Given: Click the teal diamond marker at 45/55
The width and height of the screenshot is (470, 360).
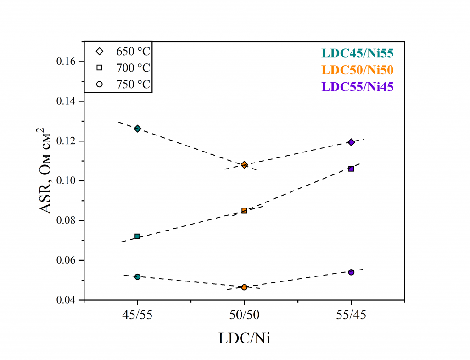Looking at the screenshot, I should (x=137, y=129).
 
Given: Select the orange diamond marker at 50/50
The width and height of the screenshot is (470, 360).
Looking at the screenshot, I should (x=244, y=165).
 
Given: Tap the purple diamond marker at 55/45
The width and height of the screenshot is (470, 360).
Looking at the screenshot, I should (x=351, y=142).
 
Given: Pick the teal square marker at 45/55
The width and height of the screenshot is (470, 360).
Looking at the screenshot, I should (x=137, y=236).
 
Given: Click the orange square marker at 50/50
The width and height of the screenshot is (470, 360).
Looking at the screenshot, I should (x=244, y=210).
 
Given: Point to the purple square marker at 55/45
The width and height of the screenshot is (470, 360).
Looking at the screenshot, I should (x=351, y=169).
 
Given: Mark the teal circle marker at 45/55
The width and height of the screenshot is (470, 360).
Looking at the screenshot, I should (x=137, y=276).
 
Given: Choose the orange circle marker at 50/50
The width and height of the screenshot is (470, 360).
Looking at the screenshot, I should (x=244, y=287).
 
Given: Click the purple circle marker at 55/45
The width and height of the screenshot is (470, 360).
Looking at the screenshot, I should (x=351, y=272).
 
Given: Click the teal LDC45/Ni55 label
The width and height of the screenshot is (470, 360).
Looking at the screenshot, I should (x=358, y=53).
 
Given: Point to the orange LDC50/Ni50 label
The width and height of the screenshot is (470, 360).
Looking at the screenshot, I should (x=358, y=70).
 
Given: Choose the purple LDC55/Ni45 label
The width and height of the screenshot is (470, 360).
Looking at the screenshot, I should (x=358, y=87).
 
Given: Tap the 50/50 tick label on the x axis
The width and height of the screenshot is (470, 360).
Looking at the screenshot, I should (x=244, y=315).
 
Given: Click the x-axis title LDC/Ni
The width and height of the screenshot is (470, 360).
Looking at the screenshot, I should (x=244, y=339).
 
